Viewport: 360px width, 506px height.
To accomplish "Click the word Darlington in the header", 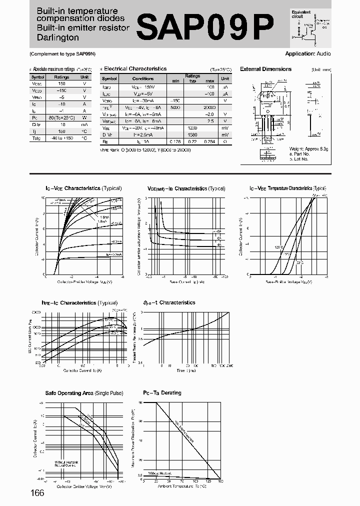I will [x=57, y=37].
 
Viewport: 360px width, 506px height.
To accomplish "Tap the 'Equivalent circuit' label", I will [x=301, y=14].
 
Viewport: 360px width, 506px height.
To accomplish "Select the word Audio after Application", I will [x=324, y=53].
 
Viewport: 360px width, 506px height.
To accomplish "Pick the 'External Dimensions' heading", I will [x=265, y=69].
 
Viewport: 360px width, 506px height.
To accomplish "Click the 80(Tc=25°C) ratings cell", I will [x=62, y=117].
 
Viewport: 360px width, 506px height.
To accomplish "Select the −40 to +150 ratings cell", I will [x=62, y=138].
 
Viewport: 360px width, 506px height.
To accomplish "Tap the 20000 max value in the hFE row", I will [x=209, y=107].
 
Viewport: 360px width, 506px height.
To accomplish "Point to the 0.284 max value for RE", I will [x=209, y=141].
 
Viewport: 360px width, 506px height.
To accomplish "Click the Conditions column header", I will [x=143, y=78].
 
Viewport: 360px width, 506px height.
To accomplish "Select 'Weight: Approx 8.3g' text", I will [x=309, y=149].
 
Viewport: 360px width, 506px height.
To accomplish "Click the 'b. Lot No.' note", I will [x=299, y=158].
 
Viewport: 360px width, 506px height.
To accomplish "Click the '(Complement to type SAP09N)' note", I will [x=62, y=53].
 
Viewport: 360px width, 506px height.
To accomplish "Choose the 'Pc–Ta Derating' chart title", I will [x=162, y=393].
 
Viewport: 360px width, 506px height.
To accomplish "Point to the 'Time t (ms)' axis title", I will [x=185, y=370].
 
